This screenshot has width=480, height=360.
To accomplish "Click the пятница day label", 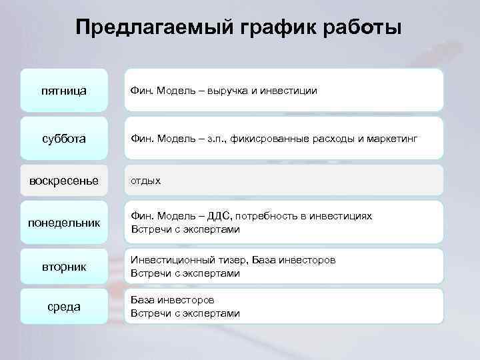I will (63, 90).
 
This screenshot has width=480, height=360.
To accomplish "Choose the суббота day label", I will (63, 138).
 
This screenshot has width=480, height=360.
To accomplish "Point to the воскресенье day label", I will (63, 181).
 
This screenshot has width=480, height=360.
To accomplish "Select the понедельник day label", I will (63, 222).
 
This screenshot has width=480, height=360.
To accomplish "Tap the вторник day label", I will (63, 267).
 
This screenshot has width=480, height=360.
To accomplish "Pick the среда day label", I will (63, 307).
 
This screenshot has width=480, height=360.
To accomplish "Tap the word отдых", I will (145, 181).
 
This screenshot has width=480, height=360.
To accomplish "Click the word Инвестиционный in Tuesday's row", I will (168, 259).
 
